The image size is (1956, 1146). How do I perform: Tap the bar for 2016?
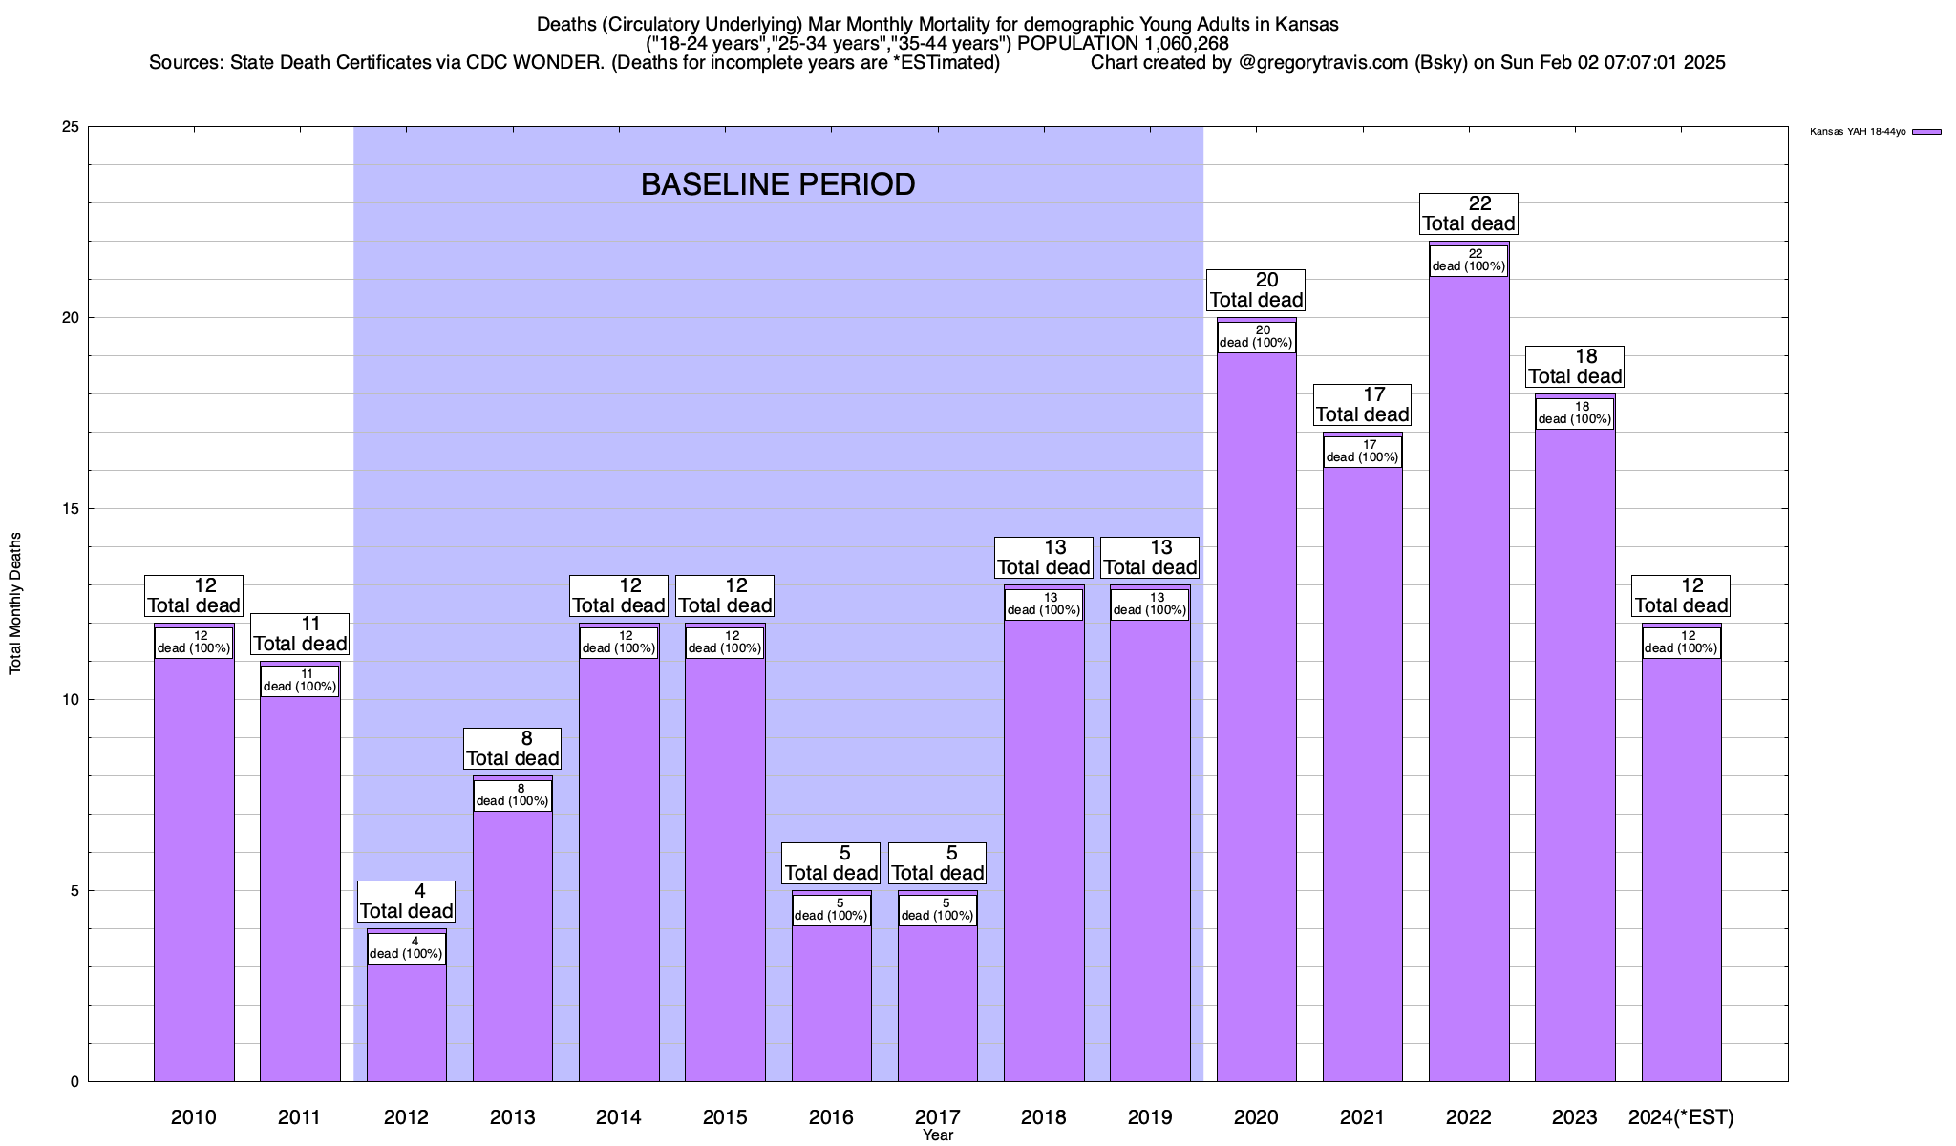pyautogui.click(x=831, y=1003)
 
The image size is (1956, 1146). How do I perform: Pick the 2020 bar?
pyautogui.click(x=1256, y=716)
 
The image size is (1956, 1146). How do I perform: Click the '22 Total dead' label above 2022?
pyautogui.click(x=1468, y=214)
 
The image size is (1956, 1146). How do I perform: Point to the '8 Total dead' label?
pyautogui.click(x=512, y=749)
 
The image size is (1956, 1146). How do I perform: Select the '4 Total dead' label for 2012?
pyautogui.click(x=406, y=902)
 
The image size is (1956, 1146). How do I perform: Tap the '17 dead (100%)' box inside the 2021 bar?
pyautogui.click(x=1362, y=451)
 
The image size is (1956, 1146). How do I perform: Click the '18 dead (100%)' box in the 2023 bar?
pyautogui.click(x=1575, y=413)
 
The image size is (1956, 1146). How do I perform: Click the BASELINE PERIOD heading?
pyautogui.click(x=777, y=184)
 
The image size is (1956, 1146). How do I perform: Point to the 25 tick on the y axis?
pyautogui.click(x=71, y=127)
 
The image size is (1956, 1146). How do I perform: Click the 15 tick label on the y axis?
pyautogui.click(x=71, y=509)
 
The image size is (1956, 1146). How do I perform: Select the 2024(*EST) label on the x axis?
pyautogui.click(x=1681, y=1116)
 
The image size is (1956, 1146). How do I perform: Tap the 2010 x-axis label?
pyautogui.click(x=193, y=1116)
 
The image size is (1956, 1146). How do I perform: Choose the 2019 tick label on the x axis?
pyautogui.click(x=1150, y=1116)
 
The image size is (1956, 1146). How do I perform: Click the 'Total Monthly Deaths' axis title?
pyautogui.click(x=15, y=604)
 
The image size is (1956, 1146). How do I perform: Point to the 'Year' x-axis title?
pyautogui.click(x=938, y=1135)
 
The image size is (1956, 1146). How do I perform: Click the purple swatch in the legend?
pyautogui.click(x=1926, y=132)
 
